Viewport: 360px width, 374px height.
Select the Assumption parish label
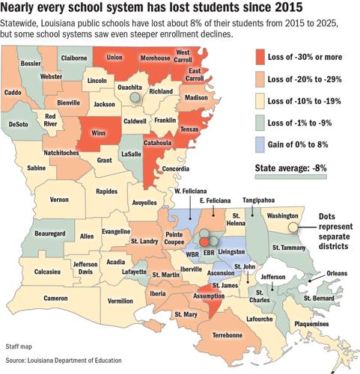[211, 295]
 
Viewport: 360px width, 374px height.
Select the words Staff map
[20, 347]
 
